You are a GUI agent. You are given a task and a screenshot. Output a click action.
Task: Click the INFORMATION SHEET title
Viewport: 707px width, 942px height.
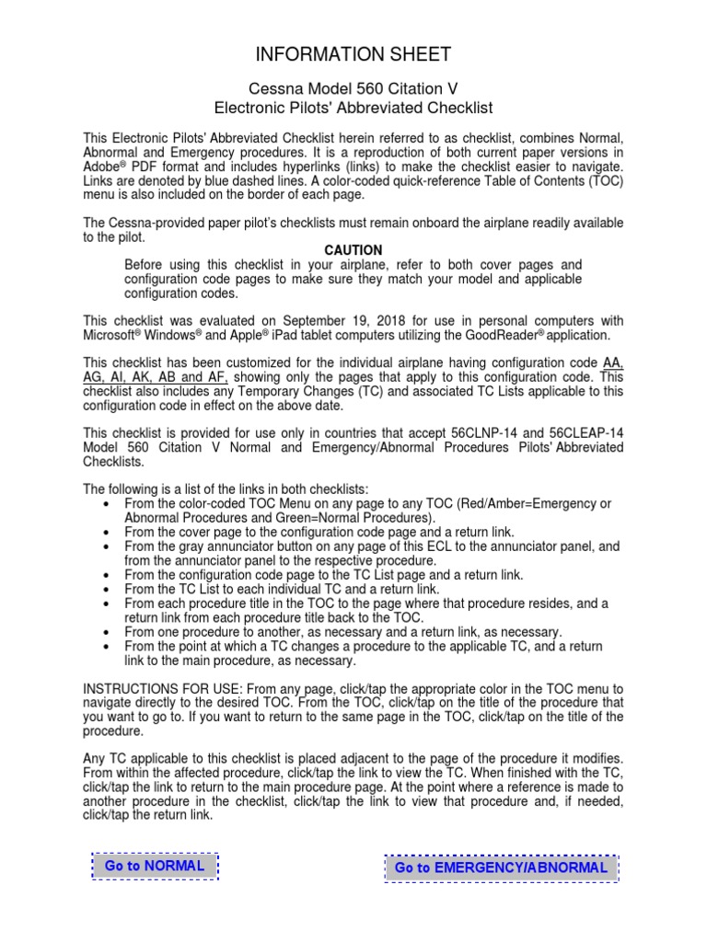pyautogui.click(x=353, y=54)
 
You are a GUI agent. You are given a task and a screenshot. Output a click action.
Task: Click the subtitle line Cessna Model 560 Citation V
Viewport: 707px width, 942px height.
pyautogui.click(x=353, y=89)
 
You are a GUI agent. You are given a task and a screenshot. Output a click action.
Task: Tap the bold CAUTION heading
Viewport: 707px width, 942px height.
pyautogui.click(x=353, y=250)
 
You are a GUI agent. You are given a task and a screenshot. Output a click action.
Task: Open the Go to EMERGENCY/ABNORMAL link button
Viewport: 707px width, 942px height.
pyautogui.click(x=501, y=867)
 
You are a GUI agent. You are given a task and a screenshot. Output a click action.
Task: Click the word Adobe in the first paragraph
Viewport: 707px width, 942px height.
pyautogui.click(x=102, y=167)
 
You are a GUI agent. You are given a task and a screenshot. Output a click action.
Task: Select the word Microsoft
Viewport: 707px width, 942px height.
pyautogui.click(x=112, y=336)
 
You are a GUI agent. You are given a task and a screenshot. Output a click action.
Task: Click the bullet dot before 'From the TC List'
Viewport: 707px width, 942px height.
pyautogui.click(x=110, y=589)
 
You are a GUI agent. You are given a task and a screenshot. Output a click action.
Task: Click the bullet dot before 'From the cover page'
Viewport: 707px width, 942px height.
pyautogui.click(x=110, y=532)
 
